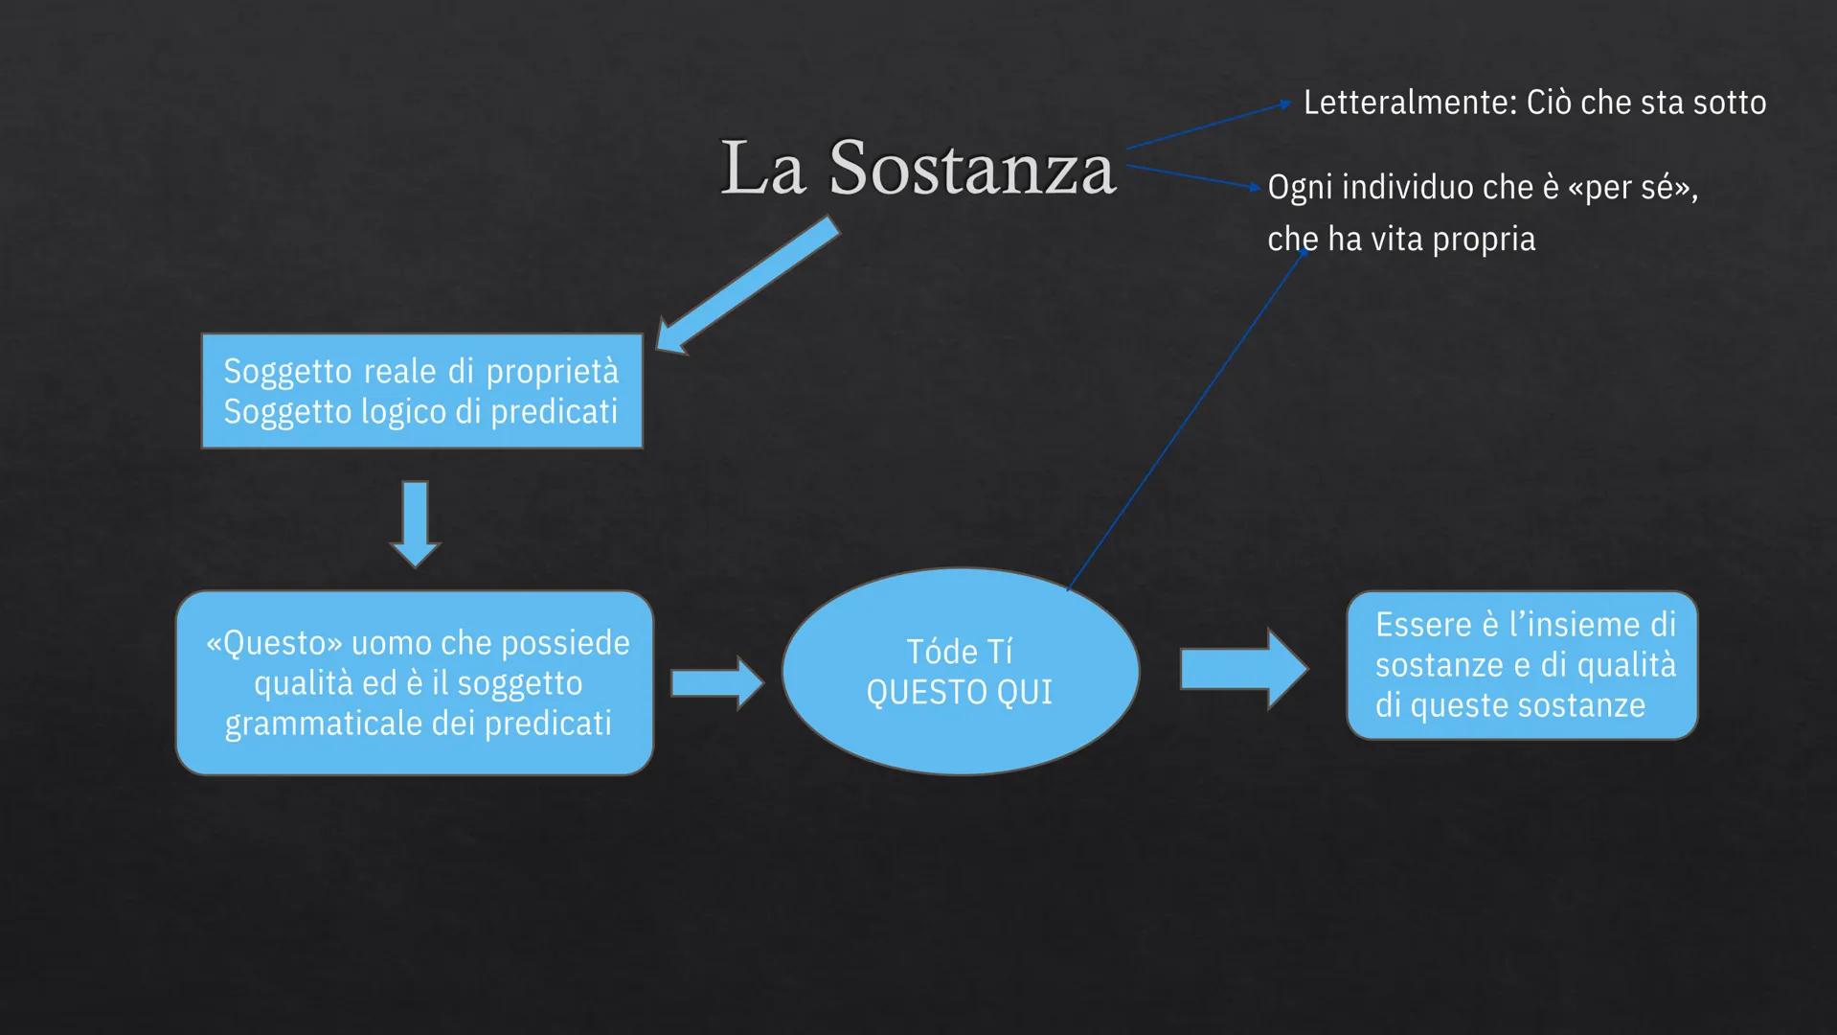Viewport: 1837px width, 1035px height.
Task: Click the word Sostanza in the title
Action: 971,169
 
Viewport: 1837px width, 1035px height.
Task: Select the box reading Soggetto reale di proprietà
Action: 421,391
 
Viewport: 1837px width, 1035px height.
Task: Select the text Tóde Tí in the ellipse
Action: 959,652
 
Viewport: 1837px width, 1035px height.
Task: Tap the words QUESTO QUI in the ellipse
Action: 959,693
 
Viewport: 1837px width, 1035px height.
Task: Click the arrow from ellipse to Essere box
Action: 1242,669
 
